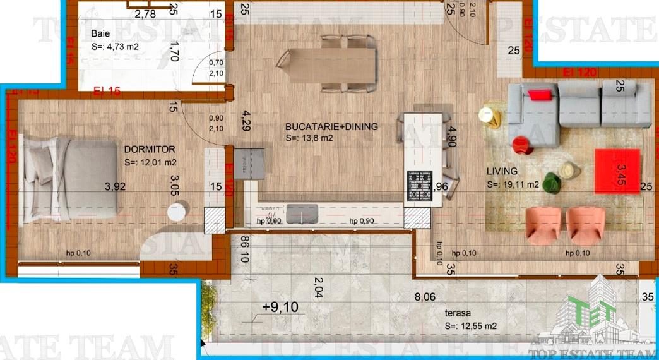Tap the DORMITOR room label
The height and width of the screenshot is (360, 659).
[x=150, y=150]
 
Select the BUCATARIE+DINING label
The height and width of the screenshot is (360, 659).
[x=331, y=126]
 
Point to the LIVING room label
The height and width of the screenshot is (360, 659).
[x=502, y=171]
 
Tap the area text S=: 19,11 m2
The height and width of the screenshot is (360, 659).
[x=513, y=185]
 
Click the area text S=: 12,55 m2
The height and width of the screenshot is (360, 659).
[x=471, y=327]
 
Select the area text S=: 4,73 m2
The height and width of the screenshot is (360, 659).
[x=115, y=47]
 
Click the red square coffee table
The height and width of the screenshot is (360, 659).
[x=618, y=170]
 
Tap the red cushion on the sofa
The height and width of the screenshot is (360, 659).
[x=540, y=95]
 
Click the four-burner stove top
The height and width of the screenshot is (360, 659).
[x=418, y=186]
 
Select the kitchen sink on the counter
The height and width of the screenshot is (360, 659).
[x=304, y=213]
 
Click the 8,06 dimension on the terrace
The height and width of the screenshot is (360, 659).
[x=424, y=296]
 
